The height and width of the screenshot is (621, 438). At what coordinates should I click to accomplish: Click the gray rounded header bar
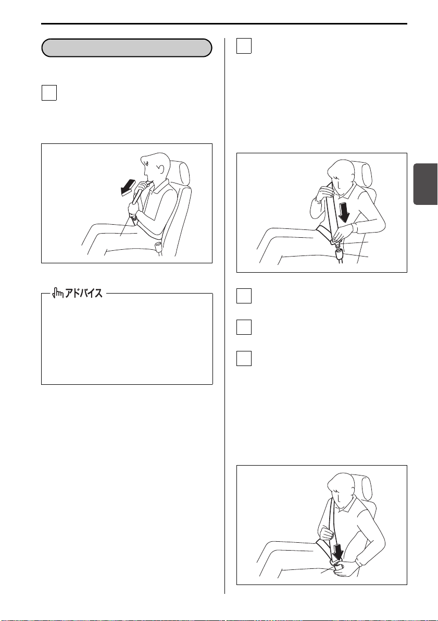127,48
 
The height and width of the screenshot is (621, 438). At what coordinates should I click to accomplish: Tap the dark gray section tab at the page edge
426,184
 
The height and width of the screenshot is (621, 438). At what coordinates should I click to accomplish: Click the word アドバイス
84,294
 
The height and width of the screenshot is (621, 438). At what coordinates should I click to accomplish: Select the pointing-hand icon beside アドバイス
58,294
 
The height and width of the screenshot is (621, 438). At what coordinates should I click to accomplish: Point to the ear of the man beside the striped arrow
161,169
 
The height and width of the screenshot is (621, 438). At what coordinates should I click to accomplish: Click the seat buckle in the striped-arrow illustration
159,248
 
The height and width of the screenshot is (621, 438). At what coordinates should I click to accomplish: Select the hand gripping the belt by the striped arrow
133,209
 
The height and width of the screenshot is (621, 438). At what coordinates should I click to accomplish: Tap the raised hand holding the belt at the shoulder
323,193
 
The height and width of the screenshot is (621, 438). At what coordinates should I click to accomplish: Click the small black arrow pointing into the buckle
337,551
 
